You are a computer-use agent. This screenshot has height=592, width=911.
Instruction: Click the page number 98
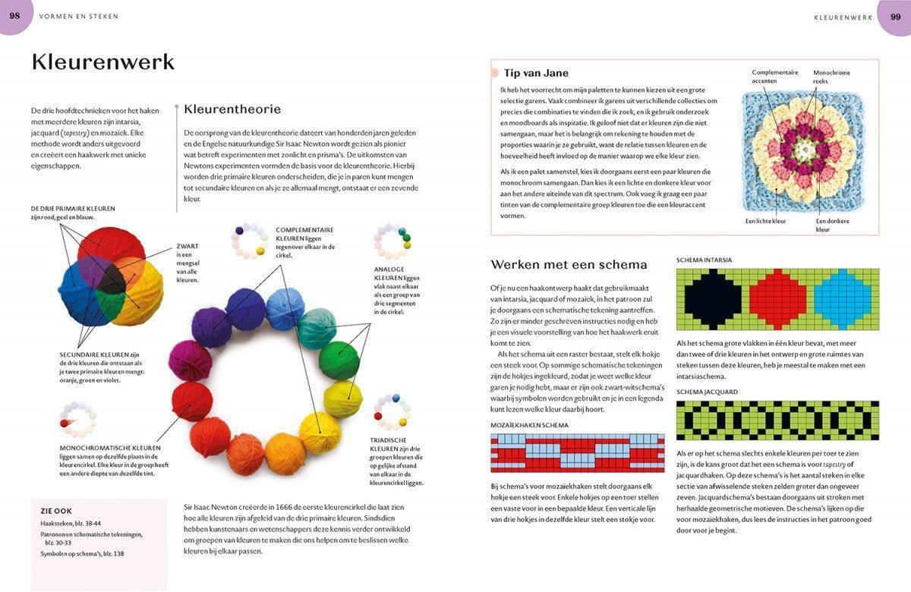tap(14, 15)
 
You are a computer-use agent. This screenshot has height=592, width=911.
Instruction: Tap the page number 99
tap(895, 15)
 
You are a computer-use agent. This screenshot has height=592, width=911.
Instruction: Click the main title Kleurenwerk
tap(102, 61)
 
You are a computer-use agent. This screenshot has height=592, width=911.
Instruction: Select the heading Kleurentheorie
tap(232, 109)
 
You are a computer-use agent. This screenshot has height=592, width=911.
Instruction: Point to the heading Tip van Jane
tap(536, 73)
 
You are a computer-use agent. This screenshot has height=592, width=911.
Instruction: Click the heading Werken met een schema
tap(569, 264)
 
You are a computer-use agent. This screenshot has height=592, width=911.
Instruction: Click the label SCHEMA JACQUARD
tap(707, 392)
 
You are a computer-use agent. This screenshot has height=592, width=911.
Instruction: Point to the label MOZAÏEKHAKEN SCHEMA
tap(529, 425)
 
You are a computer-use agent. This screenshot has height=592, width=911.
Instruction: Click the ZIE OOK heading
tap(56, 511)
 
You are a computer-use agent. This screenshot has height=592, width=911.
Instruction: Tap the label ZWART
tap(188, 246)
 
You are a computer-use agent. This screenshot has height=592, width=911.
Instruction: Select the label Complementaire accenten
tap(774, 77)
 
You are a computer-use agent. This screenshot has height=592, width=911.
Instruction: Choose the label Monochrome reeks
tap(831, 77)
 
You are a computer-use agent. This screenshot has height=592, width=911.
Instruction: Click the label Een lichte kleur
tap(765, 221)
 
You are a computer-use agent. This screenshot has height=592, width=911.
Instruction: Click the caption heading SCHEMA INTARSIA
tap(704, 260)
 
